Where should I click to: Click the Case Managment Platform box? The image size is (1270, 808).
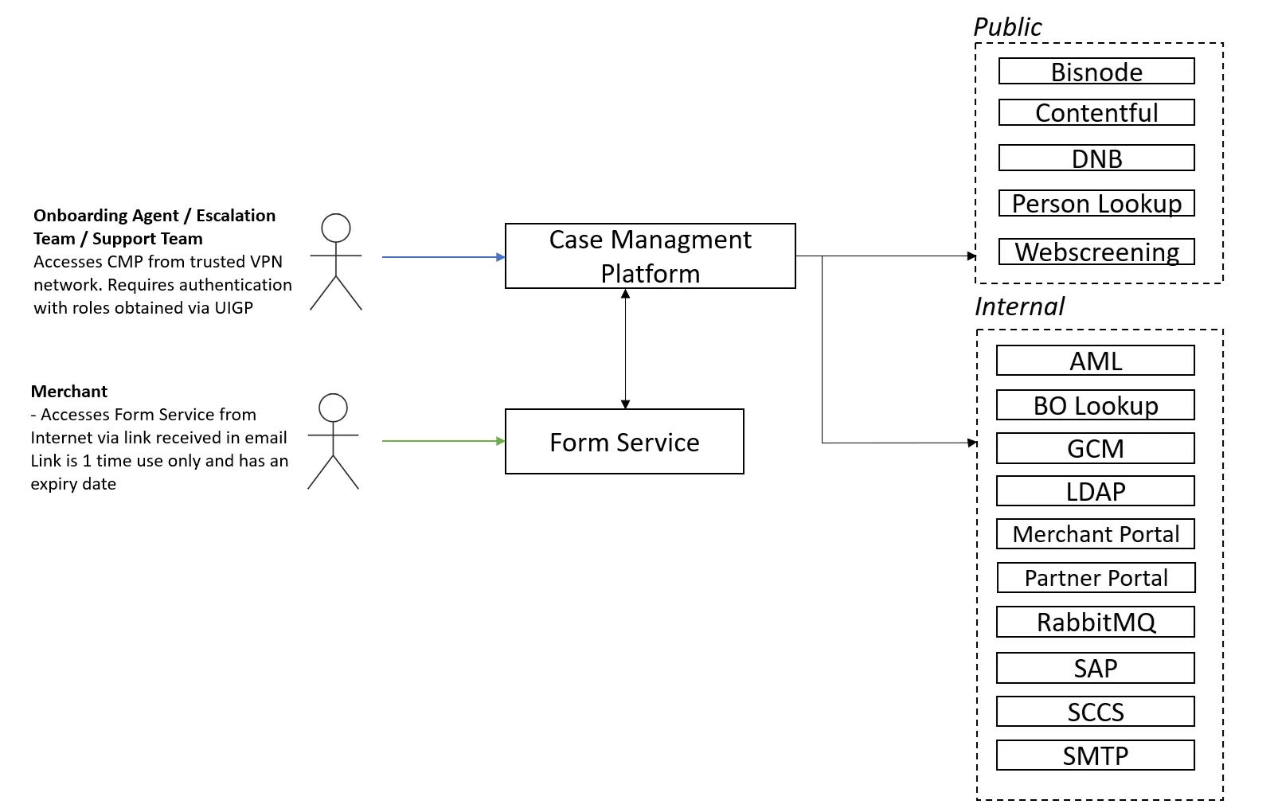650,256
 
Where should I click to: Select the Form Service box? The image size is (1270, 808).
624,441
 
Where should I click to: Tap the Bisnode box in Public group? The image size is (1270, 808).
1096,72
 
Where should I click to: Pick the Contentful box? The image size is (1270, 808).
1096,112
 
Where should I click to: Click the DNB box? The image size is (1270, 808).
1096,158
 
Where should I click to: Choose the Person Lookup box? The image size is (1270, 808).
1096,203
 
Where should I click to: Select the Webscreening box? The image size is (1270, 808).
1096,252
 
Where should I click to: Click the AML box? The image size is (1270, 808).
1095,360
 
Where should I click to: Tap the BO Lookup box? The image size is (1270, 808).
1095,404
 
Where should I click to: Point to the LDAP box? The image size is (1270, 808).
1095,490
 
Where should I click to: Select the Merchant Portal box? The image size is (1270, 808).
1095,533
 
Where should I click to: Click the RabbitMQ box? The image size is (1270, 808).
1095,622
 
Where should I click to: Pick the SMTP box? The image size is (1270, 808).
1095,755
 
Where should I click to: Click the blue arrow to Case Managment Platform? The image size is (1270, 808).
443,257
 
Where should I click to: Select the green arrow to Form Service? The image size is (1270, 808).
443,440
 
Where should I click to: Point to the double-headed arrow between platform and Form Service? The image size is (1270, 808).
625,349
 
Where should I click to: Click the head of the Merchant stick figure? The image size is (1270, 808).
333,408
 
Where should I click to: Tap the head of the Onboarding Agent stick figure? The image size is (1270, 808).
336,228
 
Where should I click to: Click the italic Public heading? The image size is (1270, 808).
1007,26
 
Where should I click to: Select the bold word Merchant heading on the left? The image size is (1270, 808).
69,391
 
